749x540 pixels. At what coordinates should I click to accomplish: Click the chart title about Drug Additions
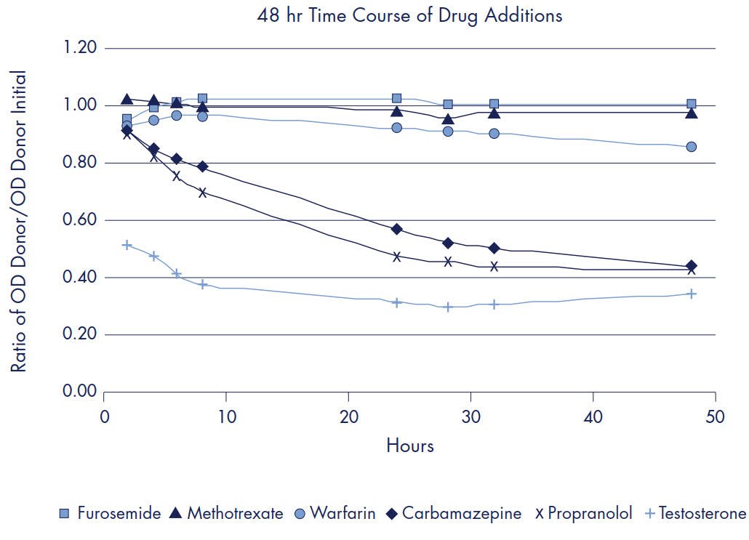coord(409,16)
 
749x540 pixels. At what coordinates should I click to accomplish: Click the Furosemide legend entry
coord(110,514)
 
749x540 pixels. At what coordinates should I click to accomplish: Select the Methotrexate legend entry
coord(226,514)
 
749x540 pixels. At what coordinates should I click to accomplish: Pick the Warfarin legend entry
coord(335,514)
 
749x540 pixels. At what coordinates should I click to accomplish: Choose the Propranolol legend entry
coord(583,514)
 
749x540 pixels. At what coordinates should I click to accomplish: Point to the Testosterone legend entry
coord(694,514)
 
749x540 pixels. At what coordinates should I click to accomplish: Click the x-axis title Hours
coord(409,446)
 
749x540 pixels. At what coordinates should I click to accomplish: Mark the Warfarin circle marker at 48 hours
coord(692,147)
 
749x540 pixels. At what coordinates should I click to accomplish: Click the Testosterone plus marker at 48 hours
coord(692,294)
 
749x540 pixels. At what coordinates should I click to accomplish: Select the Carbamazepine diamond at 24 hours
coord(397,229)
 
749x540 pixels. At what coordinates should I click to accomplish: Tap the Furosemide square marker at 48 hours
coord(692,104)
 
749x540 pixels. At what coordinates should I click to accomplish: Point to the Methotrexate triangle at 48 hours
coord(692,113)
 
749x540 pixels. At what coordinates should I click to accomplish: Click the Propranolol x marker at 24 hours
coord(397,257)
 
